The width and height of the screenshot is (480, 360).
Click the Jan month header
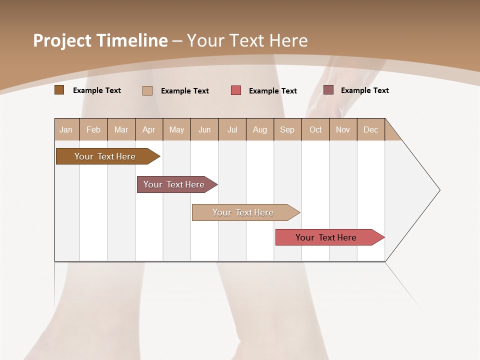click(66, 129)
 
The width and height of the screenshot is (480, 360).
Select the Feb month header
click(93, 129)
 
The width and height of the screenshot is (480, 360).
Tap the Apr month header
click(149, 129)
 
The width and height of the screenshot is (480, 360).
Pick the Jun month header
click(204, 129)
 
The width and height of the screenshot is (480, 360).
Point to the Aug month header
click(260, 129)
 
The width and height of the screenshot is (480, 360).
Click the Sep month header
click(287, 129)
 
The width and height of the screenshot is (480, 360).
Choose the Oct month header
click(315, 129)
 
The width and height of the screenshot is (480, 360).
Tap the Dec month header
click(371, 129)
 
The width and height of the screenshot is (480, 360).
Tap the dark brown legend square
click(59, 90)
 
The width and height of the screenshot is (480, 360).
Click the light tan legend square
click(147, 90)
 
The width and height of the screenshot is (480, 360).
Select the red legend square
click(235, 90)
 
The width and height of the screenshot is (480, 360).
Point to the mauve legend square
click(328, 90)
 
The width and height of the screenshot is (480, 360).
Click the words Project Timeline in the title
click(100, 40)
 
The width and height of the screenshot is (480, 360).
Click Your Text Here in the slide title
click(247, 40)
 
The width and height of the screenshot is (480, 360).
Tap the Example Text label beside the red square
click(273, 90)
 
